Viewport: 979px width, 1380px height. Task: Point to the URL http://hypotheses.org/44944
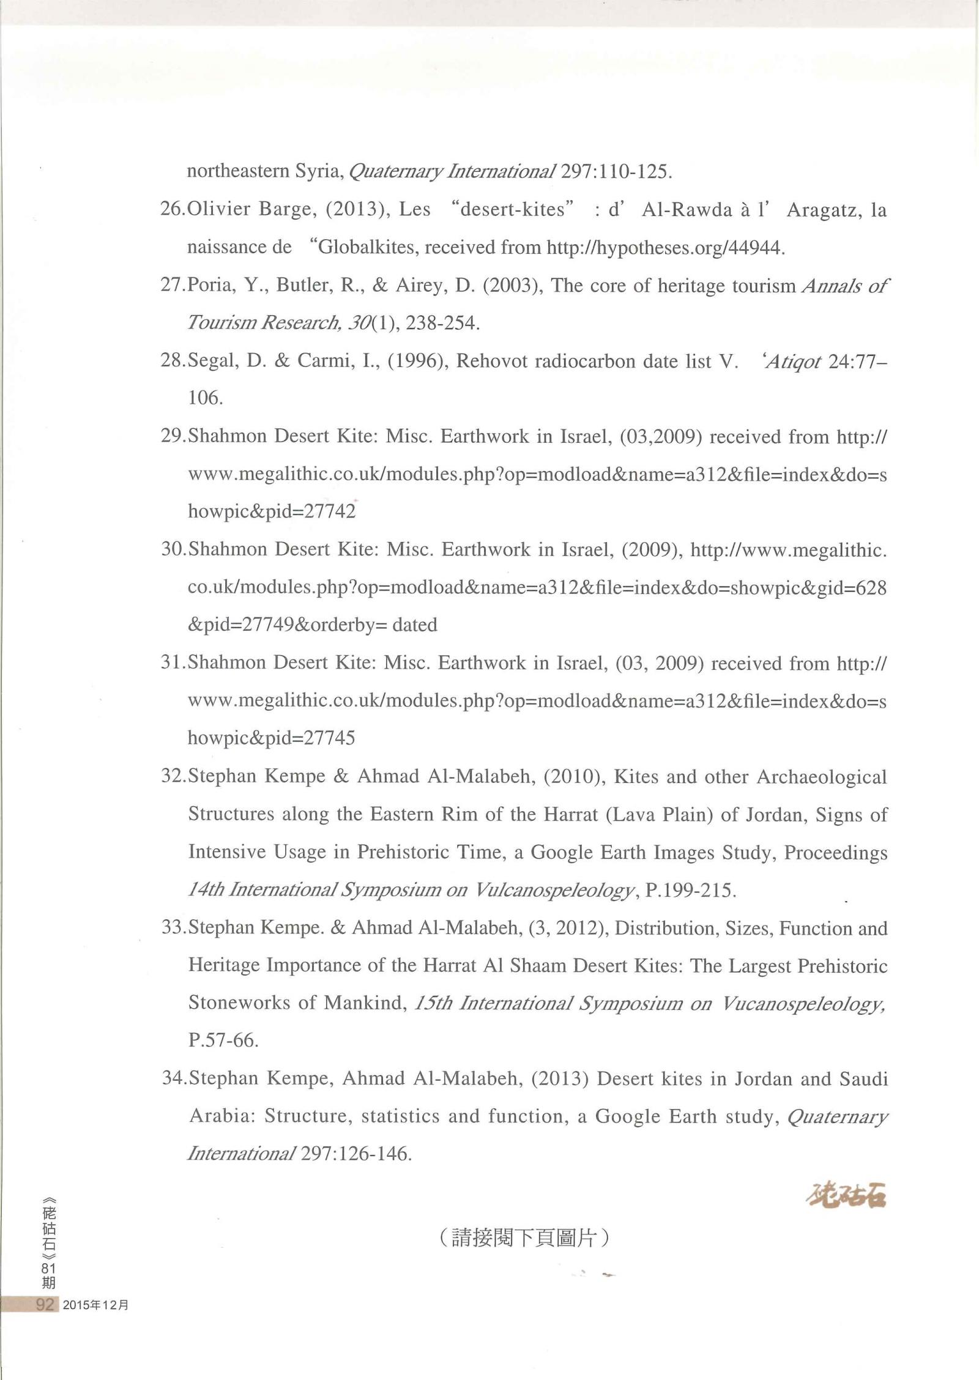(x=664, y=248)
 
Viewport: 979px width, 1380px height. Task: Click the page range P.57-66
(x=223, y=1041)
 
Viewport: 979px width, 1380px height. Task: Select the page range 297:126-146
(x=354, y=1154)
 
